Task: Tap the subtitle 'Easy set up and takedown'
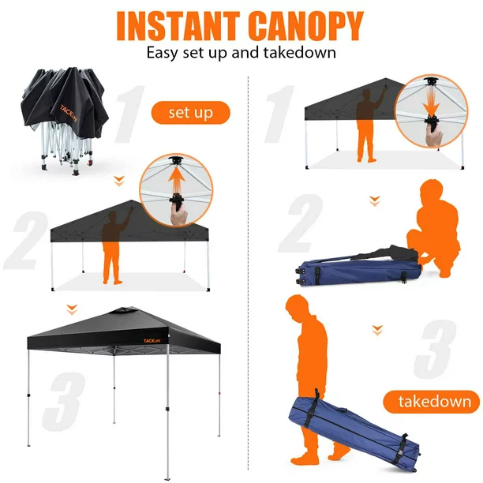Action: (x=241, y=54)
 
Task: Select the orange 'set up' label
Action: (x=191, y=113)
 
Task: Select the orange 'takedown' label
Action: (x=432, y=401)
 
